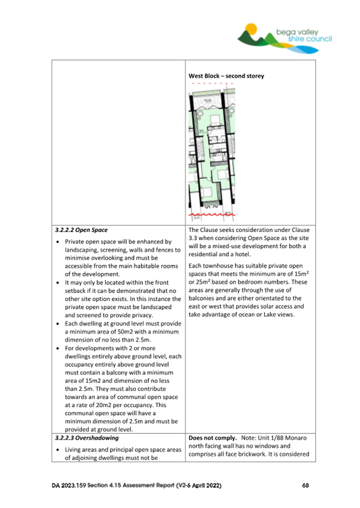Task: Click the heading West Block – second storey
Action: (x=226, y=76)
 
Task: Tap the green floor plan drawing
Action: (x=213, y=155)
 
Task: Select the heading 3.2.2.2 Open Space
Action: (x=81, y=231)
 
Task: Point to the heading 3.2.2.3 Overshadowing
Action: (x=86, y=438)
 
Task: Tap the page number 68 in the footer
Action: (x=306, y=486)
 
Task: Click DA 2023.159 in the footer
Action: (x=68, y=486)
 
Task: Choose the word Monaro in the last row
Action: (x=294, y=438)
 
